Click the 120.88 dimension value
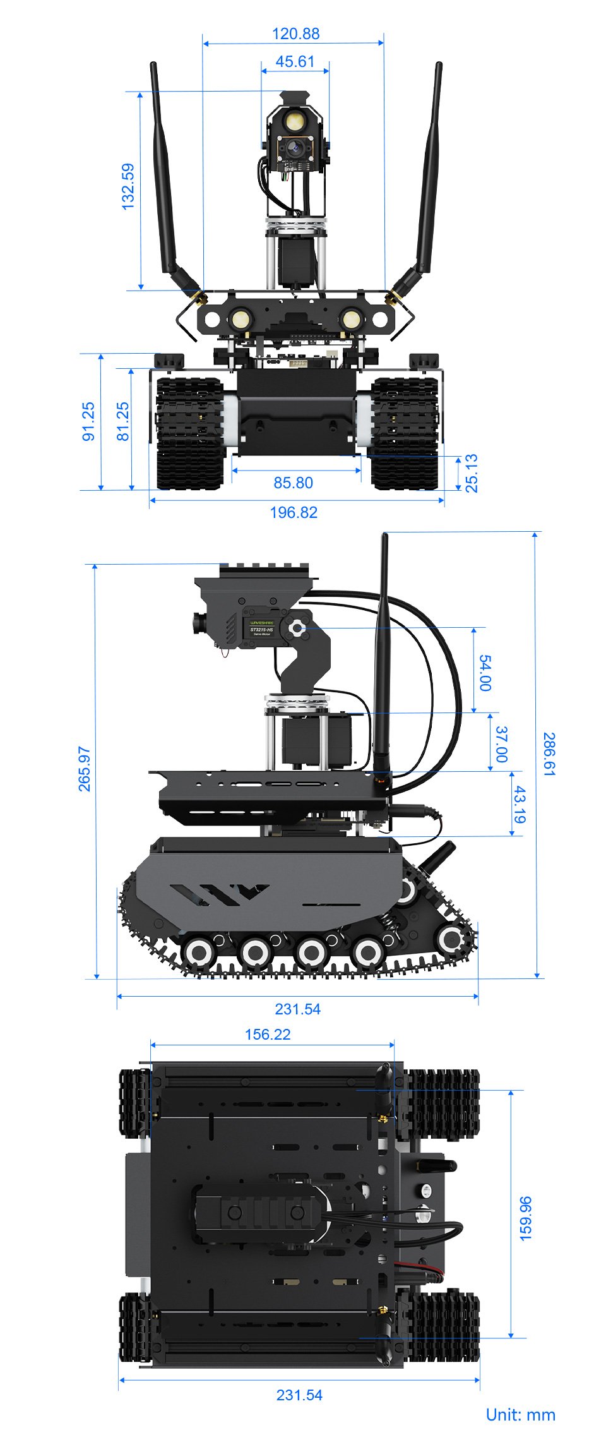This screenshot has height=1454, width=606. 295,34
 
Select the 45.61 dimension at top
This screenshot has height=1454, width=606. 295,62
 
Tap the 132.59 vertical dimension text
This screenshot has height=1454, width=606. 128,186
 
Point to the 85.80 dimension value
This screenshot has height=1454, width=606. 293,483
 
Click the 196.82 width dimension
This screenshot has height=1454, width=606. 294,513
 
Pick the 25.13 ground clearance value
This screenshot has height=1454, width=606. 472,473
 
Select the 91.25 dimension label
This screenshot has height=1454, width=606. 88,421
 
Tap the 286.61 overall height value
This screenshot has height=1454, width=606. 549,754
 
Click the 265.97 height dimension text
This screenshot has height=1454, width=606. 85,769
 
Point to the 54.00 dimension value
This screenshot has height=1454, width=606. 485,673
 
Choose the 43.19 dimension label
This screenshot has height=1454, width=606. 519,805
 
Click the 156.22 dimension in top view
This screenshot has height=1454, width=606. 268,1035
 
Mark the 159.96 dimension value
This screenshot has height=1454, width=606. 525,1218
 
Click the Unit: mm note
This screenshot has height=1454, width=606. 520,1415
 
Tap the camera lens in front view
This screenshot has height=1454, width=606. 294,149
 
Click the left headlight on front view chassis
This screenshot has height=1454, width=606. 240,319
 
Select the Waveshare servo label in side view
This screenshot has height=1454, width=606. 261,627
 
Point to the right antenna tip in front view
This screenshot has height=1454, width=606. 439,64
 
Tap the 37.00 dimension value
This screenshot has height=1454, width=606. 501,744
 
